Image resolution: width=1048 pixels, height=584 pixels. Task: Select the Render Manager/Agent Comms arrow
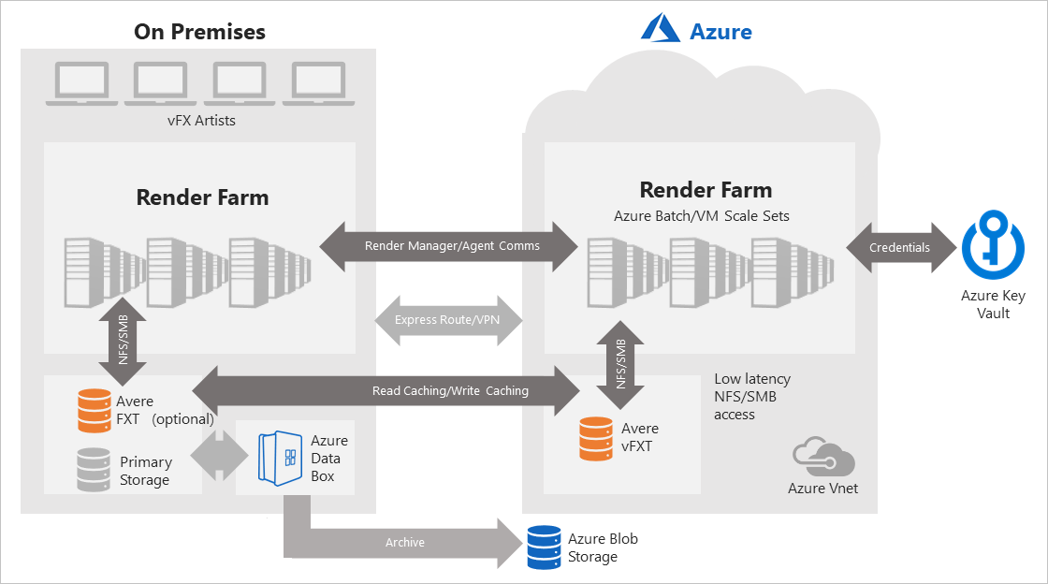pos(451,246)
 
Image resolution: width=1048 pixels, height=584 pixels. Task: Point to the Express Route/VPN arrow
pos(446,319)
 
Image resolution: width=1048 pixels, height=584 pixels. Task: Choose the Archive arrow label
pos(404,542)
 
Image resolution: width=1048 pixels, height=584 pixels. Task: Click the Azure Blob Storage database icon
pos(543,547)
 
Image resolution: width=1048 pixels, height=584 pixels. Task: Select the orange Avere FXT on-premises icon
pos(95,411)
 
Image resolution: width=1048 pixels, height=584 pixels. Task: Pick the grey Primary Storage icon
pos(95,470)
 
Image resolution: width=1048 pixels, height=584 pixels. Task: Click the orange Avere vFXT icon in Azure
pos(596,439)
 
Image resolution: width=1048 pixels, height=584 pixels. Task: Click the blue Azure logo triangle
pos(661,29)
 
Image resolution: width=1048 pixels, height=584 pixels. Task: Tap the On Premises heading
pos(199,32)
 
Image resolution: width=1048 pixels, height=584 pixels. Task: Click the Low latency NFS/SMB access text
pos(751,396)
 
